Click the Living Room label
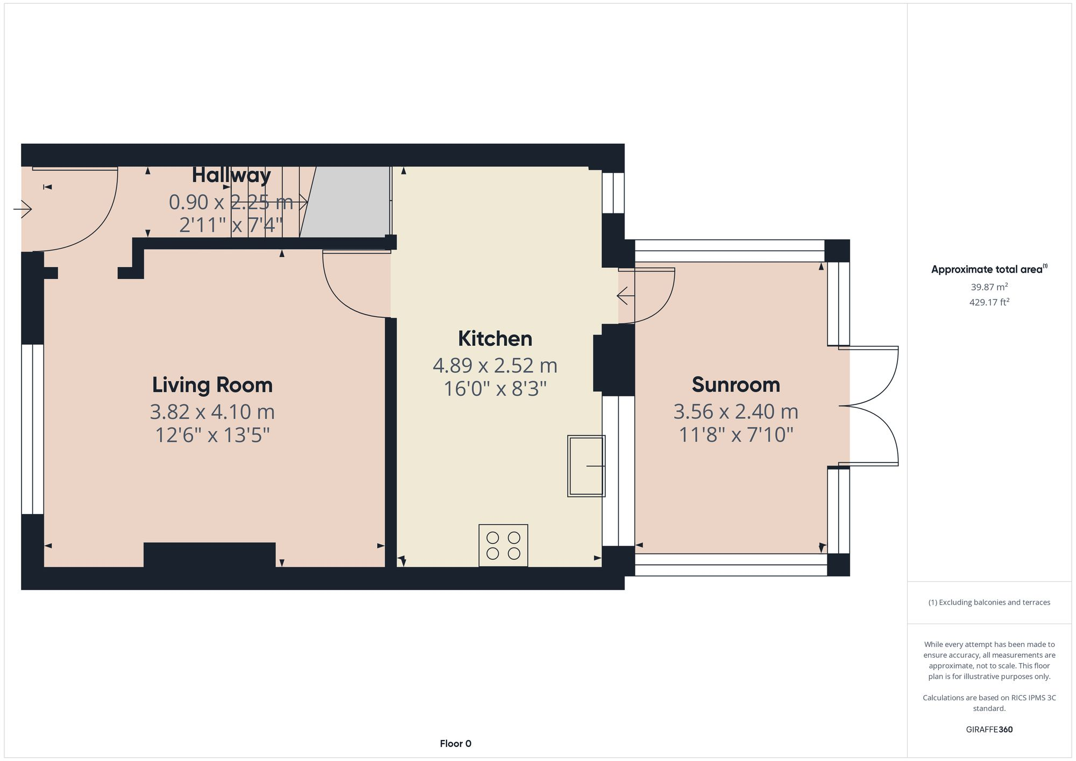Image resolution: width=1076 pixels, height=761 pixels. coord(212,385)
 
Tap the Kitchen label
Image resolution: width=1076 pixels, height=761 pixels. coord(495,339)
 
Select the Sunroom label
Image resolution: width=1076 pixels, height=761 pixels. coord(735,385)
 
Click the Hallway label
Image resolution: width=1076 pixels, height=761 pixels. coord(231,175)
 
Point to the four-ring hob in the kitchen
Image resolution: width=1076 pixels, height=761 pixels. coord(503,545)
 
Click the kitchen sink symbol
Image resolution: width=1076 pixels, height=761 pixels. coord(586,466)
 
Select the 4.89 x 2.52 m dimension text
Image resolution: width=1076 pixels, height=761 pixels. coord(495,366)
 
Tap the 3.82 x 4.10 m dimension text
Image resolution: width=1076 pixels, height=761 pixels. coord(212,412)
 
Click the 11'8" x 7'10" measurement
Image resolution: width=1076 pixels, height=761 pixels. coord(735,435)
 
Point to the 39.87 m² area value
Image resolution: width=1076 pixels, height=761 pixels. coord(989,287)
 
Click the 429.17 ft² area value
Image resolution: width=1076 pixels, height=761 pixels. coord(989,302)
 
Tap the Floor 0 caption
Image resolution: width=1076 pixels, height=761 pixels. coord(455,744)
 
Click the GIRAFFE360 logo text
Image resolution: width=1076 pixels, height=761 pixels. coord(989,730)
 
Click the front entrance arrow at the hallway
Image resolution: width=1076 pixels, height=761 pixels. coord(23,209)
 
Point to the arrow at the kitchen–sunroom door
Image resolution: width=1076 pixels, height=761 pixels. coord(625,296)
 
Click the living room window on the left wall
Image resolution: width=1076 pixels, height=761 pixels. coord(32,429)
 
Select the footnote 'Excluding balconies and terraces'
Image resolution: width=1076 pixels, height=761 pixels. coord(989,602)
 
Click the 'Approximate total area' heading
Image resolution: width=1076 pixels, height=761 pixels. coord(989,269)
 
